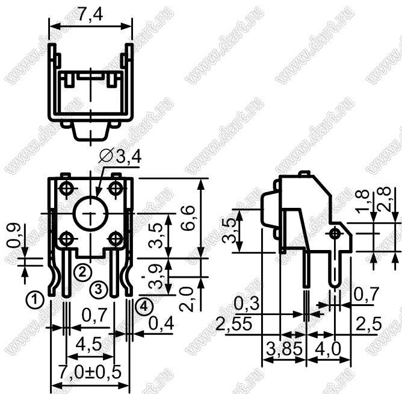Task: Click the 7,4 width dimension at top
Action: pyautogui.click(x=90, y=14)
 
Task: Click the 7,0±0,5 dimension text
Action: pyautogui.click(x=90, y=372)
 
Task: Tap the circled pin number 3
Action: pyautogui.click(x=99, y=290)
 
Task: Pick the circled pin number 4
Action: pyautogui.click(x=144, y=307)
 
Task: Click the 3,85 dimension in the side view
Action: pyautogui.click(x=285, y=349)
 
